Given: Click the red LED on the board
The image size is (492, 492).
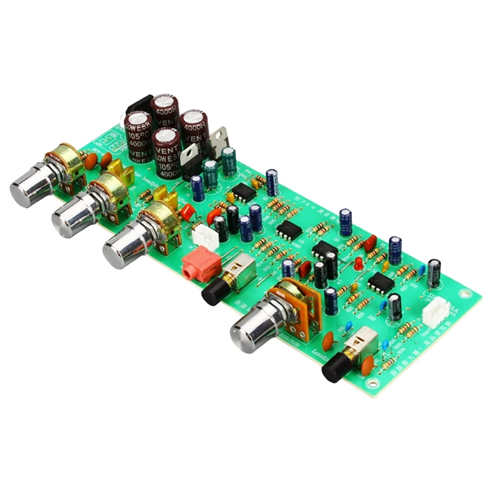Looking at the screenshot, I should tap(358, 263).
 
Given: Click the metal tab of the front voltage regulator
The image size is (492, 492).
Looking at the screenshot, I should tap(190, 151).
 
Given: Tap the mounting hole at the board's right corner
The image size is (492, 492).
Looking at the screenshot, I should tap(469, 299).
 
